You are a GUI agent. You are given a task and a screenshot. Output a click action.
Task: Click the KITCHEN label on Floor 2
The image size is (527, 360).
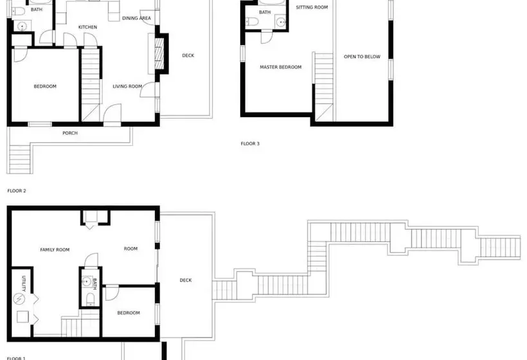click(87, 27)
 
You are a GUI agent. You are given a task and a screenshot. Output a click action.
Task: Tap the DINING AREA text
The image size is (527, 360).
click(136, 18)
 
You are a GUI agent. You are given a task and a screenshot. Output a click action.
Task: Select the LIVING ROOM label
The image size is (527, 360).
click(127, 86)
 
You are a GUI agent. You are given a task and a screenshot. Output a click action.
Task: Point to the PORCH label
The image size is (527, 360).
click(70, 133)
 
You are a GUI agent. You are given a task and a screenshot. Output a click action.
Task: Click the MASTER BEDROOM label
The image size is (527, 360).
click(281, 67)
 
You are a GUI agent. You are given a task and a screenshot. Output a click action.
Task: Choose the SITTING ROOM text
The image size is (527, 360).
click(312, 7)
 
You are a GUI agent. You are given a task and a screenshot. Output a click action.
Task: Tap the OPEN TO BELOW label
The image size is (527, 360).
click(362, 57)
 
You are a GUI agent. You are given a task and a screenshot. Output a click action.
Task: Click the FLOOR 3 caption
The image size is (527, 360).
click(250, 144)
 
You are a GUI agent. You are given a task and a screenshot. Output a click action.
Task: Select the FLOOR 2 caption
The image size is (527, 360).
click(17, 191)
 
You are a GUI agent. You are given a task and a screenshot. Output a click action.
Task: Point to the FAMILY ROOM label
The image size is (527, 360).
click(55, 249)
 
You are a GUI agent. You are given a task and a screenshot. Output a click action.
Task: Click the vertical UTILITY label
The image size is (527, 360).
click(24, 283)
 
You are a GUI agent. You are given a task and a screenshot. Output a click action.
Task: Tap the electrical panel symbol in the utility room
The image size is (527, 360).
click(19, 298)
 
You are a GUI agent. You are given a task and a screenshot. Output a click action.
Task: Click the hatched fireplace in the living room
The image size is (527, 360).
click(159, 54)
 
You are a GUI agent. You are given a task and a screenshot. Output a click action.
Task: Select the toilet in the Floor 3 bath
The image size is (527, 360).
click(253, 22)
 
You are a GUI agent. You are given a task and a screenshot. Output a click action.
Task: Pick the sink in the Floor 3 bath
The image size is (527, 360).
click(281, 22)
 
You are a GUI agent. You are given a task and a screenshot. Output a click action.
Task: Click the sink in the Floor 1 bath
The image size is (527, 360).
click(87, 282)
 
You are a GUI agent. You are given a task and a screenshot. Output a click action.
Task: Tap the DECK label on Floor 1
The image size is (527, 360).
click(186, 280)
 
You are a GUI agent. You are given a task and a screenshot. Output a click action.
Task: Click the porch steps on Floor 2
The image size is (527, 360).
click(20, 159)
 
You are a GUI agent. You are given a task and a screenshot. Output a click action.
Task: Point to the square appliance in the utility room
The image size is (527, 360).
click(23, 317)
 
